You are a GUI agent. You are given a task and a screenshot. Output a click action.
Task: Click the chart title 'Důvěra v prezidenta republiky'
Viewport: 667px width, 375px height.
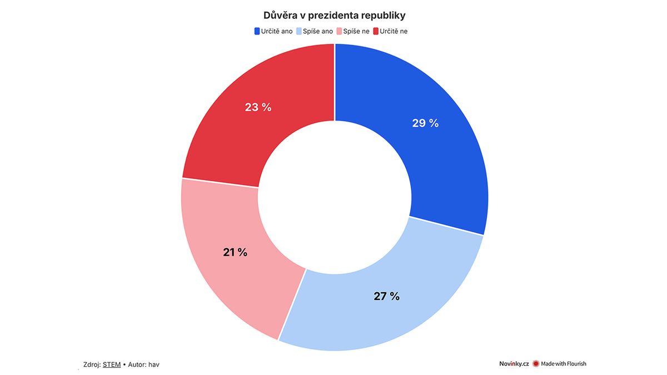click(334, 15)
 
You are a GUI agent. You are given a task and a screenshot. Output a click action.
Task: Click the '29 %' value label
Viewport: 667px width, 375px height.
click(425, 123)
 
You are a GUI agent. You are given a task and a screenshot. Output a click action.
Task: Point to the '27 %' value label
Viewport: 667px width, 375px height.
click(387, 296)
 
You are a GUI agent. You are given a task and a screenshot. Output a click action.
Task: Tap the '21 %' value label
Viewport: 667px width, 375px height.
click(235, 252)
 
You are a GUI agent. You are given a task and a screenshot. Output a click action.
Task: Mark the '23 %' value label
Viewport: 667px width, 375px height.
click(258, 107)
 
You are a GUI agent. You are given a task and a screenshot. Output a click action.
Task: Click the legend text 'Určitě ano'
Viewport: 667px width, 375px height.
click(277, 31)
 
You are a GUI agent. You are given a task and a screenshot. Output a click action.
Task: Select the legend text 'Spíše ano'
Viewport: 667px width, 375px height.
click(318, 31)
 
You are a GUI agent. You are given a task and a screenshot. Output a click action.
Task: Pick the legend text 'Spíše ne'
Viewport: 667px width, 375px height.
click(357, 31)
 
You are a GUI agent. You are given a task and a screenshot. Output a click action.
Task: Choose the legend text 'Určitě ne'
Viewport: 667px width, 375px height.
click(394, 31)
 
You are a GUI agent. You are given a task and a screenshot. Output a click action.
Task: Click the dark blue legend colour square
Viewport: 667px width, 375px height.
click(257, 31)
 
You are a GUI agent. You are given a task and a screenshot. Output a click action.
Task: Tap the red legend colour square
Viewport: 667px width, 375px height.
click(376, 31)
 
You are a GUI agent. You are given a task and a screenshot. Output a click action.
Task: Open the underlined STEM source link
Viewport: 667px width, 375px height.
click(112, 364)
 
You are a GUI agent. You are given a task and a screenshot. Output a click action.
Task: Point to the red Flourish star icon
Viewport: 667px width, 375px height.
click(536, 364)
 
